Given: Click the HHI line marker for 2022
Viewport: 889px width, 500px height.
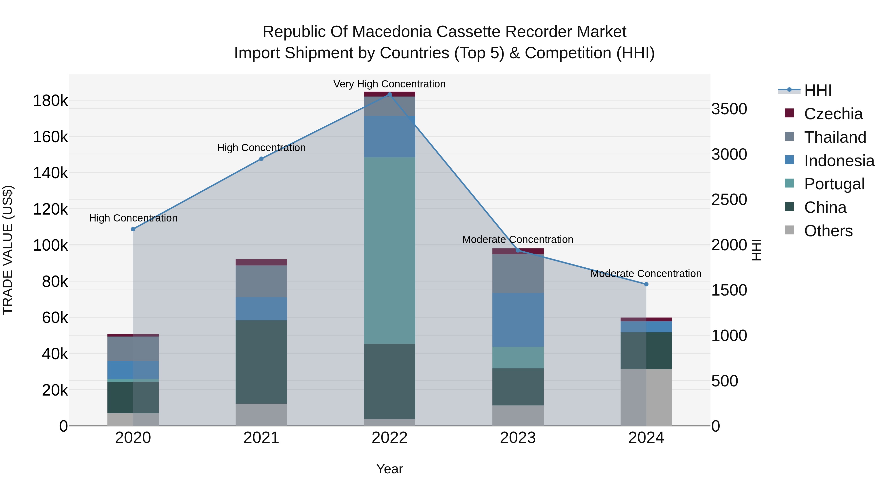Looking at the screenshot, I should tap(390, 95).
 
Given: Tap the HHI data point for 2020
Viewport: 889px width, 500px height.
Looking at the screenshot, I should tap(133, 229).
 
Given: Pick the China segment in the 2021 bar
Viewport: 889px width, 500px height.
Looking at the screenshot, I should tap(261, 362).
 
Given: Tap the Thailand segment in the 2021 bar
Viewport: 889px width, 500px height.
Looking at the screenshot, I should tap(261, 281).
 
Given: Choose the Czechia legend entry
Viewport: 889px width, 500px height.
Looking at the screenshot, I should tap(833, 114).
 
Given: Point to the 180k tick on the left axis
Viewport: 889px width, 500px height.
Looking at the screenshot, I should tap(50, 101).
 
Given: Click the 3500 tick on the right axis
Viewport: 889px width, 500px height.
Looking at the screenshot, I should tap(729, 109).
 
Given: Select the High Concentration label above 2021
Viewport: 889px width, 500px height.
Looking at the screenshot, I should tap(261, 148).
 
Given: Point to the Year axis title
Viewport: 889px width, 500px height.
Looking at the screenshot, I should tap(390, 469).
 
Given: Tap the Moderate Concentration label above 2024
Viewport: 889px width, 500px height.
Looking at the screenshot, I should tap(646, 274).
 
